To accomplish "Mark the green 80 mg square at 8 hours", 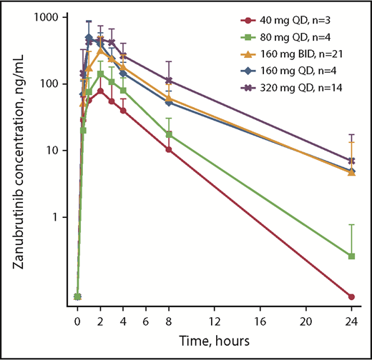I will (x=169, y=134).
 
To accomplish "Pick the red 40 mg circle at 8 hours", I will (x=169, y=149).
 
